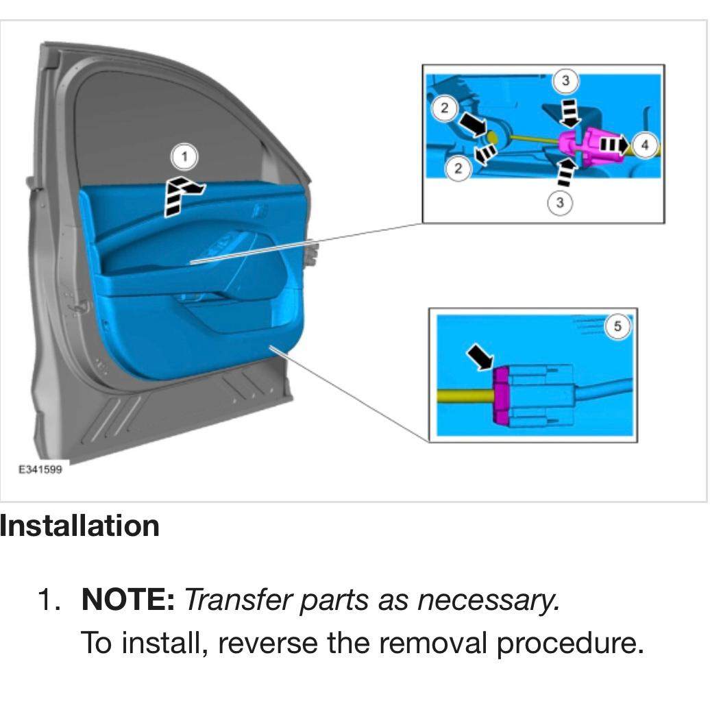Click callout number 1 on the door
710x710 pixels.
tap(184, 158)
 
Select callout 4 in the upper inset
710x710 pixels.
tap(644, 145)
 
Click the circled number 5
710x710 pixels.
tap(617, 327)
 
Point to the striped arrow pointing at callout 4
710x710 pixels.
tap(613, 145)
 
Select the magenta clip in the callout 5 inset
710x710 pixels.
tap(501, 396)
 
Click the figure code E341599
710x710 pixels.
tap(39, 469)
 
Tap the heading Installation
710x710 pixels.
tap(79, 526)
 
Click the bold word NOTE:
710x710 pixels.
tap(128, 600)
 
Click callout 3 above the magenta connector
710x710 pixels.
tap(565, 81)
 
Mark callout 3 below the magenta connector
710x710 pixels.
tap(561, 203)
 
